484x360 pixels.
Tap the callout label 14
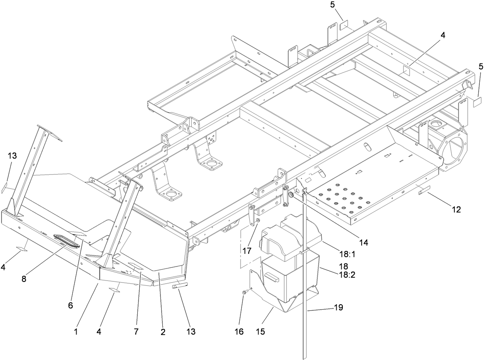[x=363, y=242]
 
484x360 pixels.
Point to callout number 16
[x=239, y=332]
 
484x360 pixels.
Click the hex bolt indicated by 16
[x=244, y=293]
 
